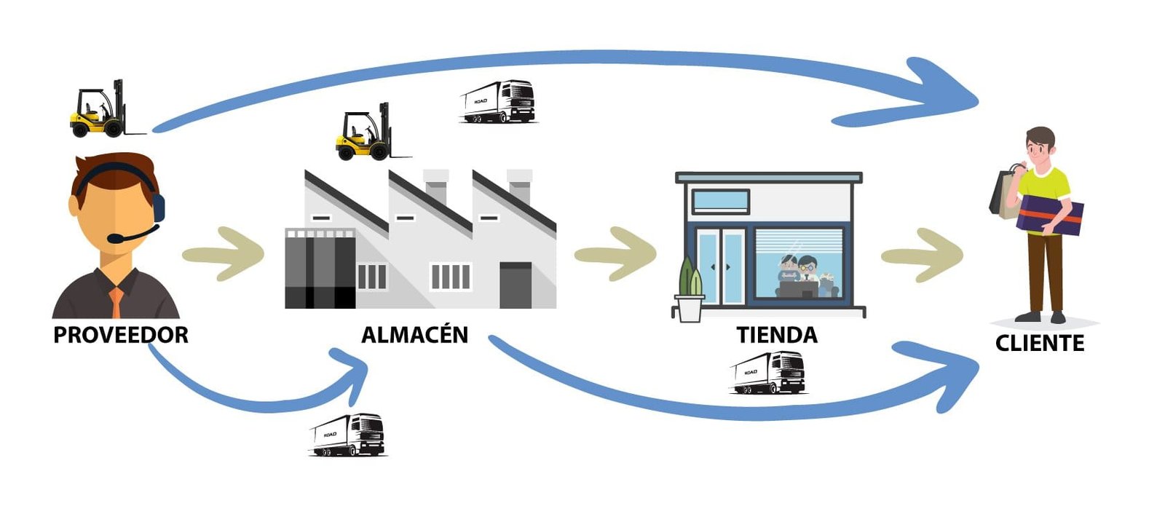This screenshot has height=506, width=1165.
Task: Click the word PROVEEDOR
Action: pyautogui.click(x=121, y=335)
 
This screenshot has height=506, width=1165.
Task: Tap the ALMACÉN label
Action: pyautogui.click(x=414, y=335)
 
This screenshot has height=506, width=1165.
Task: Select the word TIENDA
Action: pyautogui.click(x=777, y=335)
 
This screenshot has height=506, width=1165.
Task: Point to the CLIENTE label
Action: pyautogui.click(x=1040, y=343)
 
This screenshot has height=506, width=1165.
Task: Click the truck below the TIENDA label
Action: pyautogui.click(x=768, y=373)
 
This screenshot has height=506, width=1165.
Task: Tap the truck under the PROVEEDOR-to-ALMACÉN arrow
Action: pyautogui.click(x=347, y=435)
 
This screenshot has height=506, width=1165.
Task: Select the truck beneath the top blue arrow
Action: pyautogui.click(x=498, y=101)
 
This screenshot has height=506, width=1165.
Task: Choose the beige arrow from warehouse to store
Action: pyautogui.click(x=616, y=254)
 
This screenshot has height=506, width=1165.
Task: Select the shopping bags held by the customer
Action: pyautogui.click(x=1005, y=193)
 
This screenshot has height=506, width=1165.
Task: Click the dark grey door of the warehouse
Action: pyautogui.click(x=516, y=285)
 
